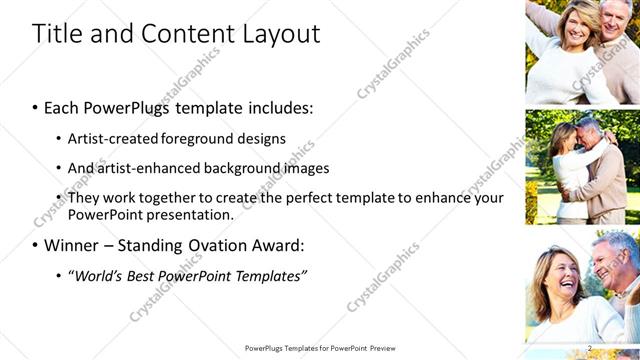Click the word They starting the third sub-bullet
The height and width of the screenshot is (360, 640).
[x=84, y=198]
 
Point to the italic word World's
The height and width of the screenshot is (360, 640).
[x=98, y=275]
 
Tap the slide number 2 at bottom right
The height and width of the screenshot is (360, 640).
[x=590, y=348]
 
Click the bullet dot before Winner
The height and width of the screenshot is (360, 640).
[x=36, y=245]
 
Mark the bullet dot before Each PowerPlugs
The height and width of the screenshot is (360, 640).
[x=36, y=105]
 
